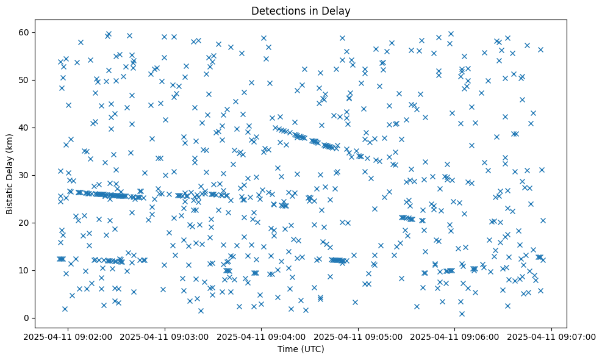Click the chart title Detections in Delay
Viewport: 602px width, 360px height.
tap(301, 10)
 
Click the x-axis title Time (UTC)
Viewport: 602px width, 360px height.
tap(301, 350)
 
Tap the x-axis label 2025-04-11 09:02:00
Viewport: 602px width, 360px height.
tap(68, 336)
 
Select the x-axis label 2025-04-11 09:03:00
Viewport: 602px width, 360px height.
tap(165, 336)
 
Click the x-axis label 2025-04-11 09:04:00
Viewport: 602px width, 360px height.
tap(262, 336)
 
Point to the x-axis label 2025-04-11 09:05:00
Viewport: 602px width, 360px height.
tap(359, 336)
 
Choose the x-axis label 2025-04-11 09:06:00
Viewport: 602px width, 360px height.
tap(456, 336)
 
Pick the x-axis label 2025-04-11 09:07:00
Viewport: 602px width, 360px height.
tap(553, 336)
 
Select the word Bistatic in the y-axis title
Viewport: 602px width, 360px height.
tap(9, 194)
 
